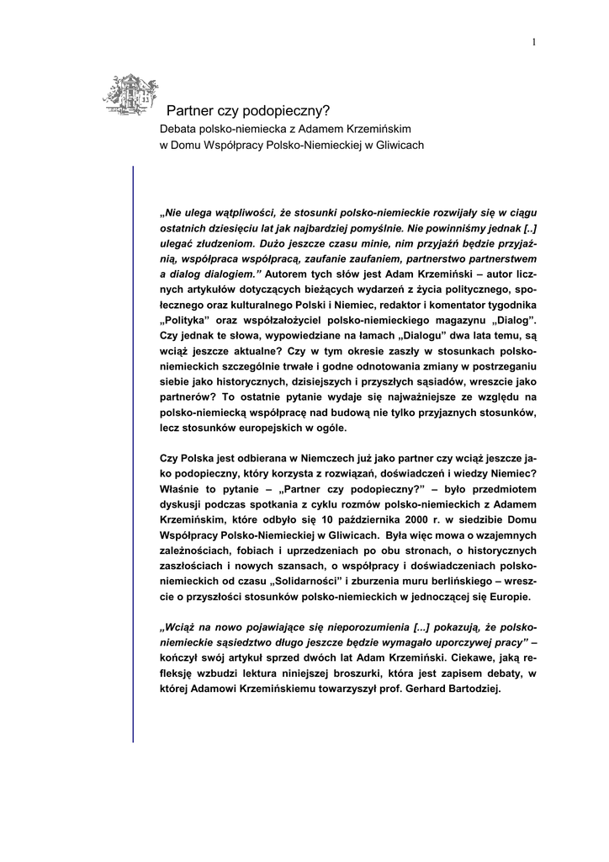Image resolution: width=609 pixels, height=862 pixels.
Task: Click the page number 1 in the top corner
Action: (534, 42)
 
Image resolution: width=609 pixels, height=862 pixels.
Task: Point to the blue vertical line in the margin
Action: (134, 455)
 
